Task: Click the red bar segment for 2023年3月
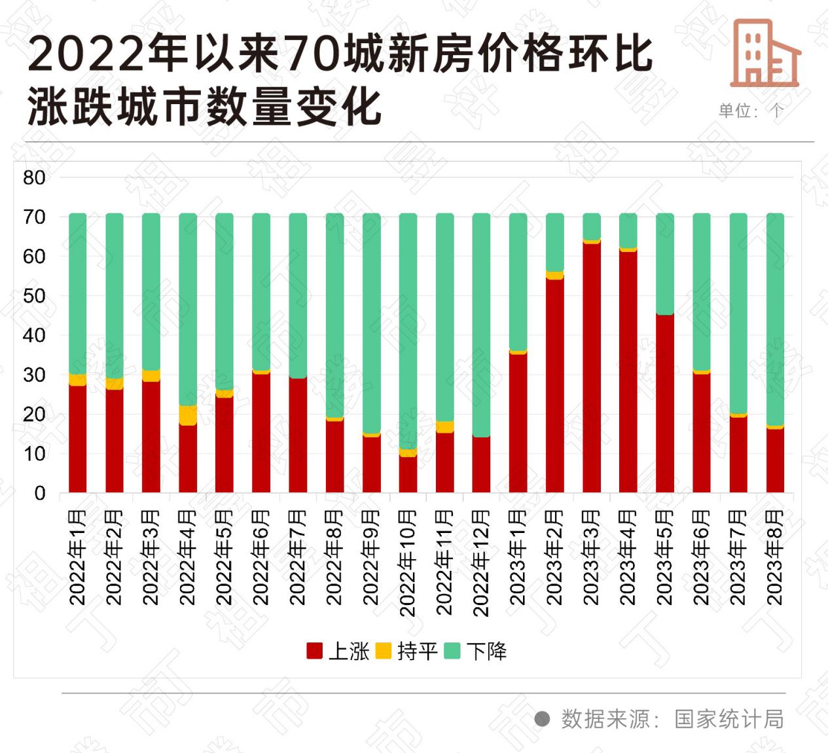[x=592, y=367]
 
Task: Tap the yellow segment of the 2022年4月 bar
[x=188, y=415]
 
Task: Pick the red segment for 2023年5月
[x=665, y=403]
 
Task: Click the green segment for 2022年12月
[x=481, y=325]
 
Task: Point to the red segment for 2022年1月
[x=78, y=439]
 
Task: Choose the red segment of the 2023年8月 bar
[x=775, y=460]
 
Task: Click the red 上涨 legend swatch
[x=315, y=651]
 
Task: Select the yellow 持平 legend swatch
[x=384, y=651]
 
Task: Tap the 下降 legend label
[x=487, y=651]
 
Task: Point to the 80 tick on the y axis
[x=34, y=177]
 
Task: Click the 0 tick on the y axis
[x=40, y=493]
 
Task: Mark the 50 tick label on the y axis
[x=34, y=296]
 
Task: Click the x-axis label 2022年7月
[x=298, y=557]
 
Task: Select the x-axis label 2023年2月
[x=554, y=557]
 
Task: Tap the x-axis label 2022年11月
[x=444, y=562]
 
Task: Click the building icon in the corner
[x=765, y=53]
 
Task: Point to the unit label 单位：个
[x=751, y=111]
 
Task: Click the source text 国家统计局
[x=729, y=719]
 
